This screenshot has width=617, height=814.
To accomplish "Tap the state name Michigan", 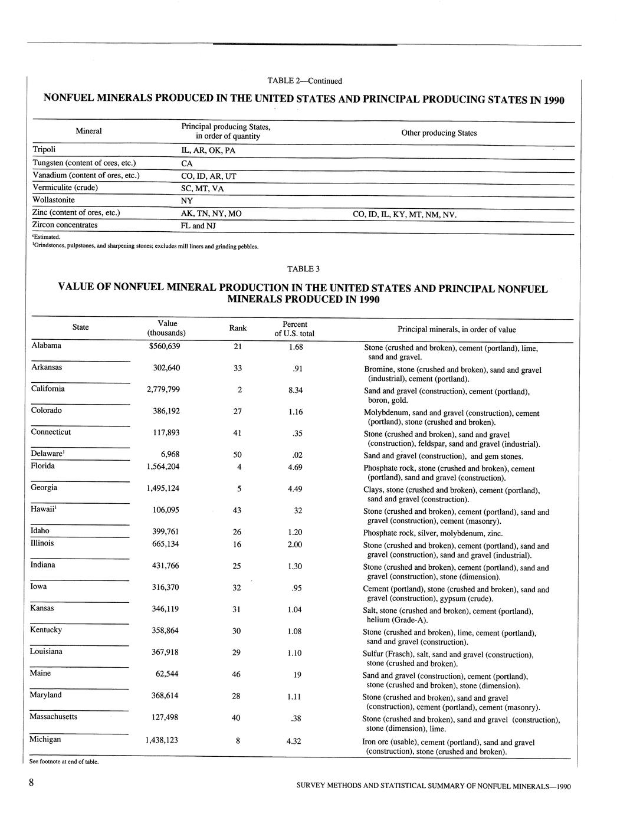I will (x=45, y=739).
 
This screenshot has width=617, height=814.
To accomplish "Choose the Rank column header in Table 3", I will (x=238, y=328).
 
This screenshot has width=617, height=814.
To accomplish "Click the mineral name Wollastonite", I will (x=54, y=200).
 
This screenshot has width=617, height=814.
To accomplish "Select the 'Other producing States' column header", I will (x=439, y=133).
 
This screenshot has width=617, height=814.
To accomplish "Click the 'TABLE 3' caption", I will (x=303, y=269).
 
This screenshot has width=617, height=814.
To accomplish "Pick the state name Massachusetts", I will (x=54, y=717).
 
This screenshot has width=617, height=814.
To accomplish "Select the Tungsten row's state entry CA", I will (x=187, y=163).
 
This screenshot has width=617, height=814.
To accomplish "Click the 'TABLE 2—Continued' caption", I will (x=304, y=81).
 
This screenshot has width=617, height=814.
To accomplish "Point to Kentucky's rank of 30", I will (x=237, y=631).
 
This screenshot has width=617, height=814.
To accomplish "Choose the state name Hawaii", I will (x=43, y=509).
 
